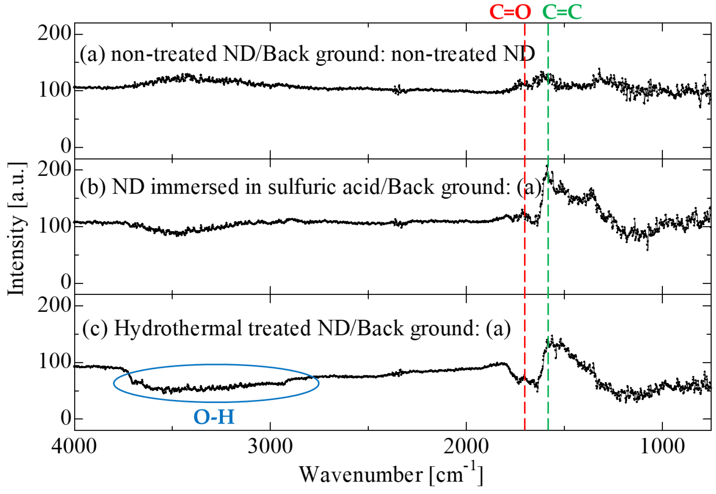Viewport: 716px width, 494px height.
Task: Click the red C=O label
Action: coord(510,11)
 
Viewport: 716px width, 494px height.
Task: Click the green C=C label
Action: coord(562,11)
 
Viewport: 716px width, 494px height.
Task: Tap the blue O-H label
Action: coord(214,417)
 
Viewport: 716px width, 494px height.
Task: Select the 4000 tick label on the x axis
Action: coord(74,446)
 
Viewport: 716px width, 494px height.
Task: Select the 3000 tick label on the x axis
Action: coord(270,446)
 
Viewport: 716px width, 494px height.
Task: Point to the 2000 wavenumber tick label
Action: coord(466,446)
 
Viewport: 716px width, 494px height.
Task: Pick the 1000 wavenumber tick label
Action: coord(662,446)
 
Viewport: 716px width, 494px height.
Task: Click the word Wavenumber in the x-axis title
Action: coord(360,475)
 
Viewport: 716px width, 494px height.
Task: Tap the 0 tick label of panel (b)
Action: coord(66,282)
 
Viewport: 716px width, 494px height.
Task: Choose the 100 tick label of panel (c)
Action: coord(55,362)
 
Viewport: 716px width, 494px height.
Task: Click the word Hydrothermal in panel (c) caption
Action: coord(177,328)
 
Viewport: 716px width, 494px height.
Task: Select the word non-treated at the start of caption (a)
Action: coord(164,54)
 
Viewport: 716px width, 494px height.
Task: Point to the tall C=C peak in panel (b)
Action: coord(547,169)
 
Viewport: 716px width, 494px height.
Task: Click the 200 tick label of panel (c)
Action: coord(55,305)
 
